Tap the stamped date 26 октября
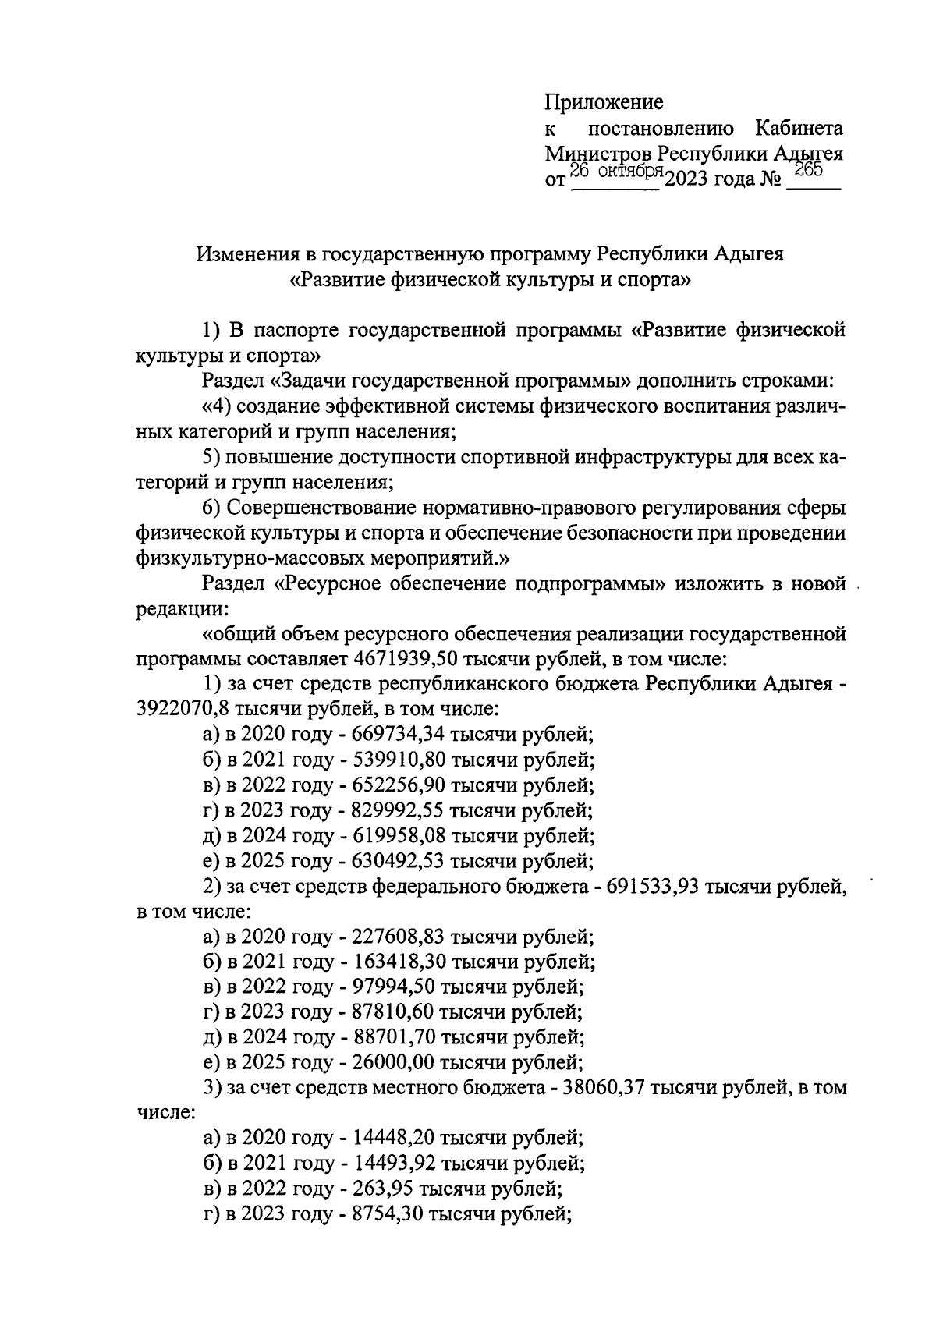[615, 172]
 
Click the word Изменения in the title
[248, 254]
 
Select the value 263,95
[381, 1189]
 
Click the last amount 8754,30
[386, 1214]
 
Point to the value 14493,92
[392, 1164]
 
